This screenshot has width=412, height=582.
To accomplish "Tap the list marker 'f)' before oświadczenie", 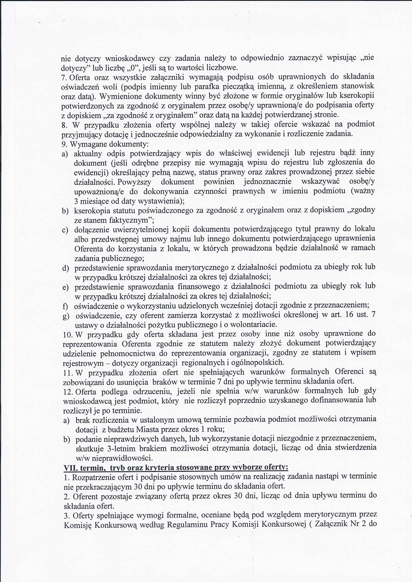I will [65, 306].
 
